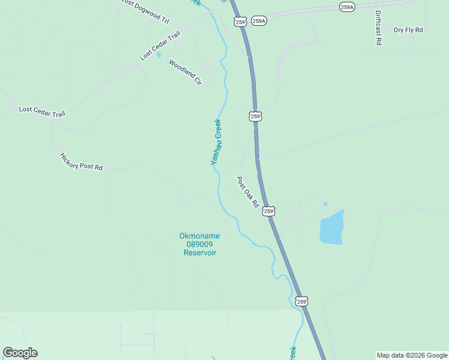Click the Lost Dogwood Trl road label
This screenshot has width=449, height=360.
pyautogui.click(x=145, y=11)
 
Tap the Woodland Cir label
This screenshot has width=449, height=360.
pyautogui.click(x=185, y=72)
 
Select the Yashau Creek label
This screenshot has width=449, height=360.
pyautogui.click(x=216, y=142)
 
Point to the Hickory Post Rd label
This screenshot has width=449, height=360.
pyautogui.click(x=81, y=161)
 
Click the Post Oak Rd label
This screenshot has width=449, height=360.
pyautogui.click(x=247, y=192)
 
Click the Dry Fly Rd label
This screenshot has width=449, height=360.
pyautogui.click(x=408, y=29)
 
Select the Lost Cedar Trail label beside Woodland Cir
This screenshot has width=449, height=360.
pyautogui.click(x=160, y=46)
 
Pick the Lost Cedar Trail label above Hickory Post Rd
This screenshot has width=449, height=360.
pyautogui.click(x=42, y=111)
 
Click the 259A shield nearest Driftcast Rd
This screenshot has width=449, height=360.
pyautogui.click(x=347, y=7)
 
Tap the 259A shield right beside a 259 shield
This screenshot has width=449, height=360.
pyautogui.click(x=259, y=21)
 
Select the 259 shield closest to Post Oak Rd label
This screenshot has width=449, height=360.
pyautogui.click(x=268, y=211)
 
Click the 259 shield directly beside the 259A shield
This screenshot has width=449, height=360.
pyautogui.click(x=240, y=22)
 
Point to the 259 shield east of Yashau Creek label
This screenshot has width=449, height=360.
pyautogui.click(x=256, y=116)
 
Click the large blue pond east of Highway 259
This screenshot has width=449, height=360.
pyautogui.click(x=333, y=227)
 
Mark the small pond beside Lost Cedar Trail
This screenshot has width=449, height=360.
pyautogui.click(x=158, y=55)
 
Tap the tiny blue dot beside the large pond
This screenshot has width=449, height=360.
pyautogui.click(x=325, y=204)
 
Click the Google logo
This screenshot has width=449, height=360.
pyautogui.click(x=20, y=353)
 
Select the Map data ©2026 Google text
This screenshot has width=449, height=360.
pyautogui.click(x=412, y=355)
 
